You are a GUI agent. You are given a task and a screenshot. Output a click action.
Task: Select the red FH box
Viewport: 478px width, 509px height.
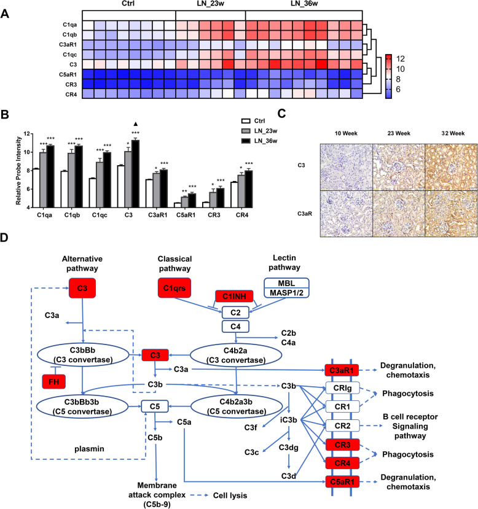click(x=53, y=382)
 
